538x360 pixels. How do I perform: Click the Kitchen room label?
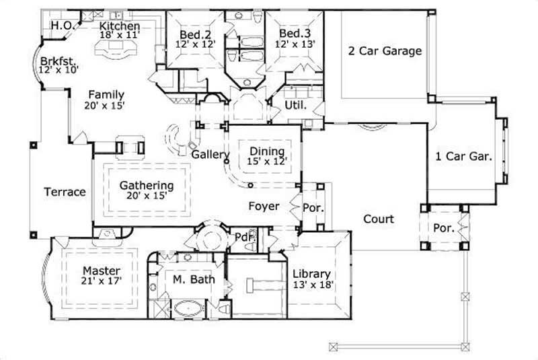tap(120, 26)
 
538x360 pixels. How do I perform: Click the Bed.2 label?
tap(194, 34)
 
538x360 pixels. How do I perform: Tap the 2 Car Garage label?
tap(385, 50)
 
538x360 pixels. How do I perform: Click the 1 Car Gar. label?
tap(464, 155)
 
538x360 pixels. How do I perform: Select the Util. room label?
tap(295, 106)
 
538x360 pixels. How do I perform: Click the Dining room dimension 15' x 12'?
tap(268, 161)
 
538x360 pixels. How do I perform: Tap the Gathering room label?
tap(146, 185)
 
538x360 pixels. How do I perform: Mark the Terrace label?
tap(65, 192)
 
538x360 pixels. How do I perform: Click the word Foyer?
tap(264, 206)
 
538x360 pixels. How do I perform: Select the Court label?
tap(379, 219)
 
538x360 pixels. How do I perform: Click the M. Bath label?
tap(188, 279)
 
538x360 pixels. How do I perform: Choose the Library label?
tap(311, 274)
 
